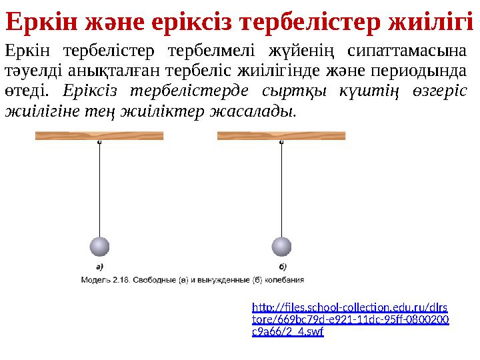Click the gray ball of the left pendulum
[99, 247]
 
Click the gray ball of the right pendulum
[282, 247]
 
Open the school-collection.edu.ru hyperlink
[350, 319]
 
